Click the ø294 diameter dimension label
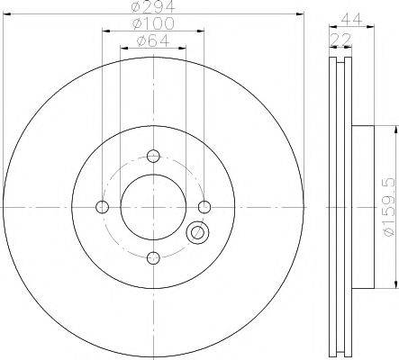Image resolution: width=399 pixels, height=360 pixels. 153,6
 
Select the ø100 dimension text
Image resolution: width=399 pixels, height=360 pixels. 153,23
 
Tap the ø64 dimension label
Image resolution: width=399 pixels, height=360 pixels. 153,40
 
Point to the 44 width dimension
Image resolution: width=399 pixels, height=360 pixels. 351,20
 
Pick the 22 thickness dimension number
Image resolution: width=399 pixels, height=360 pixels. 340,39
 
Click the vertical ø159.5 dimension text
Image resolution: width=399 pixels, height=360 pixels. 388,207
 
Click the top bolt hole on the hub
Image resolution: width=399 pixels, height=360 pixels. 153,156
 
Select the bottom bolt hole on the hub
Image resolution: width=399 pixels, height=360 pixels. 153,258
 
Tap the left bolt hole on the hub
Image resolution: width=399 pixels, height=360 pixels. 103,207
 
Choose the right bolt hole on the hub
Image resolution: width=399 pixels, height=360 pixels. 204,207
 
